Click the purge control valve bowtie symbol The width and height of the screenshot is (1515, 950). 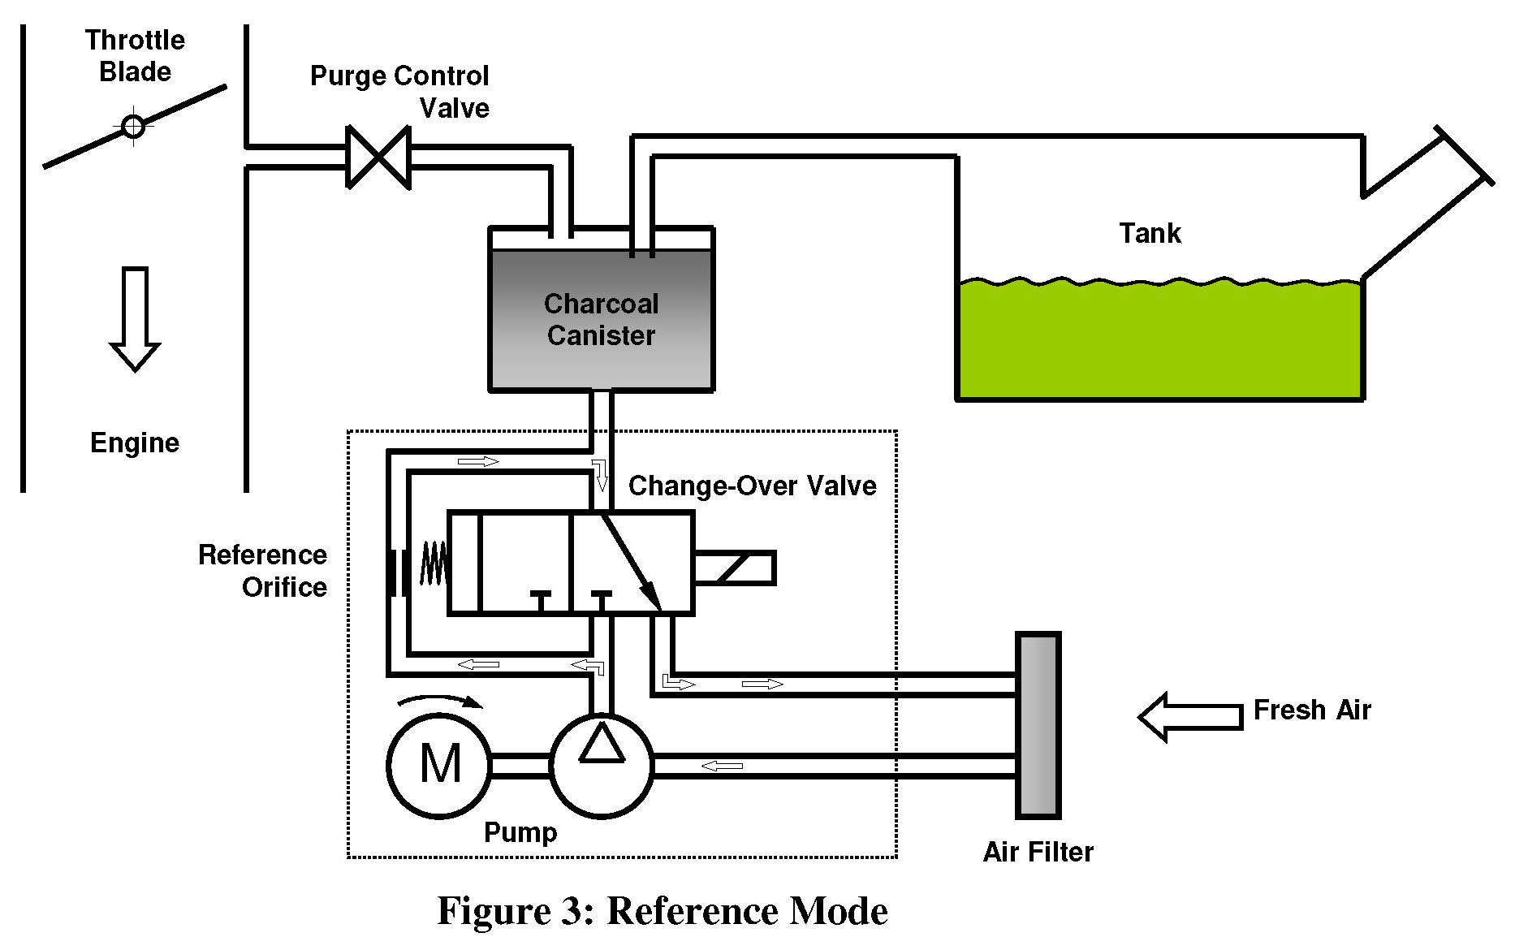pyautogui.click(x=378, y=157)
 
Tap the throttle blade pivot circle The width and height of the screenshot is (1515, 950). pyautogui.click(x=133, y=127)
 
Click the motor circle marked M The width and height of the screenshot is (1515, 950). pyautogui.click(x=440, y=764)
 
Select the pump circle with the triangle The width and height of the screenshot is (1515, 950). pyautogui.click(x=602, y=764)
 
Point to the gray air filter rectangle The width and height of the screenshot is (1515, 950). pyautogui.click(x=1038, y=725)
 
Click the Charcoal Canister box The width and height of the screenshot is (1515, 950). pyautogui.click(x=601, y=320)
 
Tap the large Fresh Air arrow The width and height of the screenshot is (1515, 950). pyautogui.click(x=1191, y=716)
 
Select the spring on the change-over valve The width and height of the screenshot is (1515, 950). pyautogui.click(x=434, y=563)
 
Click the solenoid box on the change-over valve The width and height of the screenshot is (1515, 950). pyautogui.click(x=734, y=568)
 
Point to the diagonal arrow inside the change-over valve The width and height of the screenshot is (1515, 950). pyautogui.click(x=631, y=561)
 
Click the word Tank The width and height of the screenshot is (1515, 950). pyautogui.click(x=1150, y=234)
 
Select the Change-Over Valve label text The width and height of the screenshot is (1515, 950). pyautogui.click(x=752, y=486)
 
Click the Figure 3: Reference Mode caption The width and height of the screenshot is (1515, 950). pyautogui.click(x=663, y=911)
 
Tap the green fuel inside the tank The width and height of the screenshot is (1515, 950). pyautogui.click(x=1159, y=341)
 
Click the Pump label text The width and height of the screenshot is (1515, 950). pyautogui.click(x=520, y=832)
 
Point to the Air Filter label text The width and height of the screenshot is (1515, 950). pyautogui.click(x=1038, y=852)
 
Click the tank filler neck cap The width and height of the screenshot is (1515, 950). pyautogui.click(x=1465, y=154)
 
